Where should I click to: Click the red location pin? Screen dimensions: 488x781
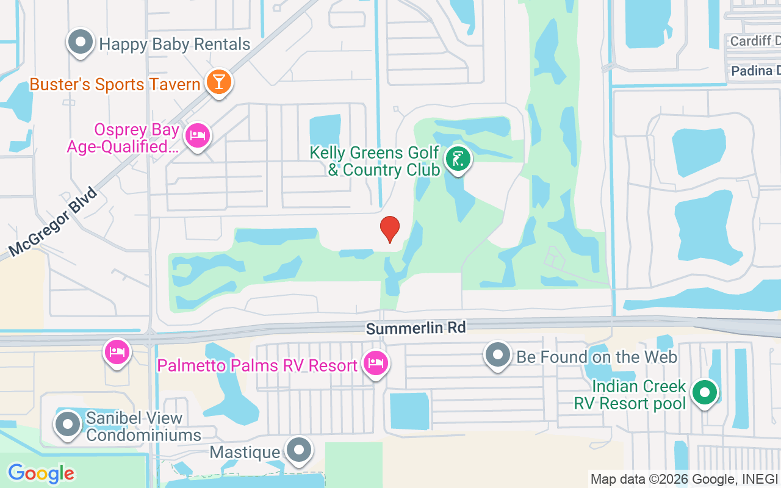390,229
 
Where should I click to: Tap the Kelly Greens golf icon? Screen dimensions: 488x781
458,159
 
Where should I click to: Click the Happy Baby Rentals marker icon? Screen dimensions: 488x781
80,43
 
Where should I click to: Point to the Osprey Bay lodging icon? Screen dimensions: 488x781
197,135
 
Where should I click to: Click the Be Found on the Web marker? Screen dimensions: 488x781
498,354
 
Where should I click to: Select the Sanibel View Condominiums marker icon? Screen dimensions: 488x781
67,424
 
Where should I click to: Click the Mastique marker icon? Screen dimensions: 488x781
298,450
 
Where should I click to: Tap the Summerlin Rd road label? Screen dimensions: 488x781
416,328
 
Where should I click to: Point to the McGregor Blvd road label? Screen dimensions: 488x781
54,222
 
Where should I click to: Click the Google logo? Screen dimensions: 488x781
41,473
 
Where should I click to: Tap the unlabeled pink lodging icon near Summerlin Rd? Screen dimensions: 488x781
117,352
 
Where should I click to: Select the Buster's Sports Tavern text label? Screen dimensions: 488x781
115,84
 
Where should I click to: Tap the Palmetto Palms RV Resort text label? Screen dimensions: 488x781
257,365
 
